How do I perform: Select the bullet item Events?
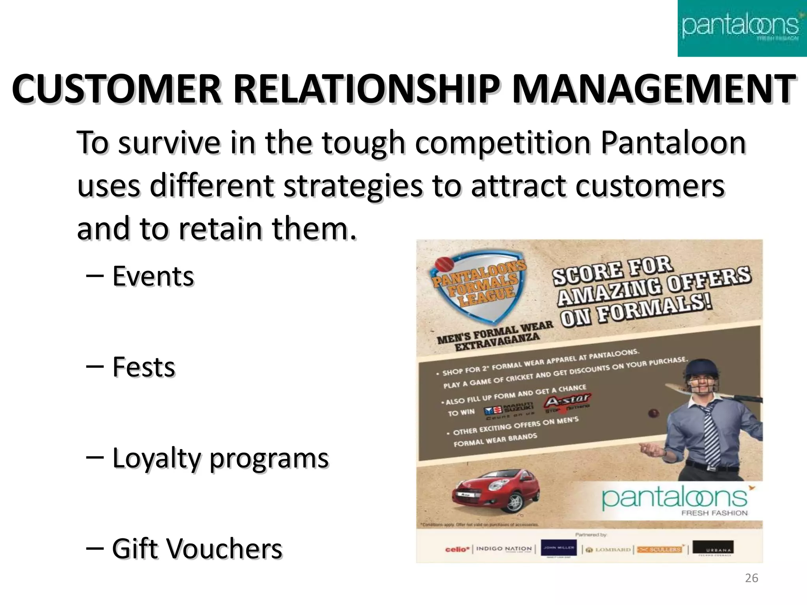click(x=153, y=277)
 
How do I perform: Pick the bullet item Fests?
click(x=143, y=367)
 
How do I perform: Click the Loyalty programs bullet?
click(x=220, y=458)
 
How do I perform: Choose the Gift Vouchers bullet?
click(x=197, y=549)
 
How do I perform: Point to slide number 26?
click(x=751, y=578)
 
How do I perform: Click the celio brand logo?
click(x=456, y=549)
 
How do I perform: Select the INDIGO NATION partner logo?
click(x=504, y=549)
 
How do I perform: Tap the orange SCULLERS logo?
click(x=660, y=549)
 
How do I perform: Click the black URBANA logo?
click(x=713, y=549)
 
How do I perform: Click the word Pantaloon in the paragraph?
click(x=673, y=143)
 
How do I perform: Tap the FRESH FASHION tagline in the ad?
click(x=714, y=513)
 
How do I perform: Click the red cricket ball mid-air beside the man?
click(x=653, y=414)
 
